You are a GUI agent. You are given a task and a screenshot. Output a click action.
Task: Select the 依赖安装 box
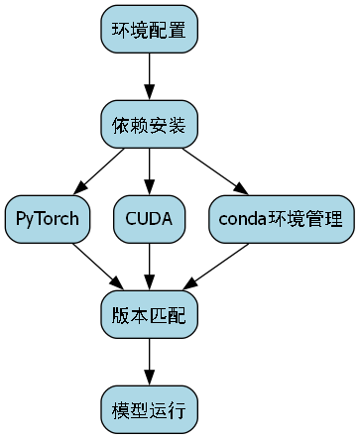coord(149,124)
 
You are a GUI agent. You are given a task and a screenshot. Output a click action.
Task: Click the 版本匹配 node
coord(149,313)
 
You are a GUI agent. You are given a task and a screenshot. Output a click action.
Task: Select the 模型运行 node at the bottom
coord(149,407)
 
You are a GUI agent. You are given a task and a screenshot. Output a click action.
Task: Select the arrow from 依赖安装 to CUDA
coord(149,170)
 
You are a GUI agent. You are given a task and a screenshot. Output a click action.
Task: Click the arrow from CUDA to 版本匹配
coord(149,266)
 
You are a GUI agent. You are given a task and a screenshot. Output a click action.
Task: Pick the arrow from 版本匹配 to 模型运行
coord(149,360)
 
